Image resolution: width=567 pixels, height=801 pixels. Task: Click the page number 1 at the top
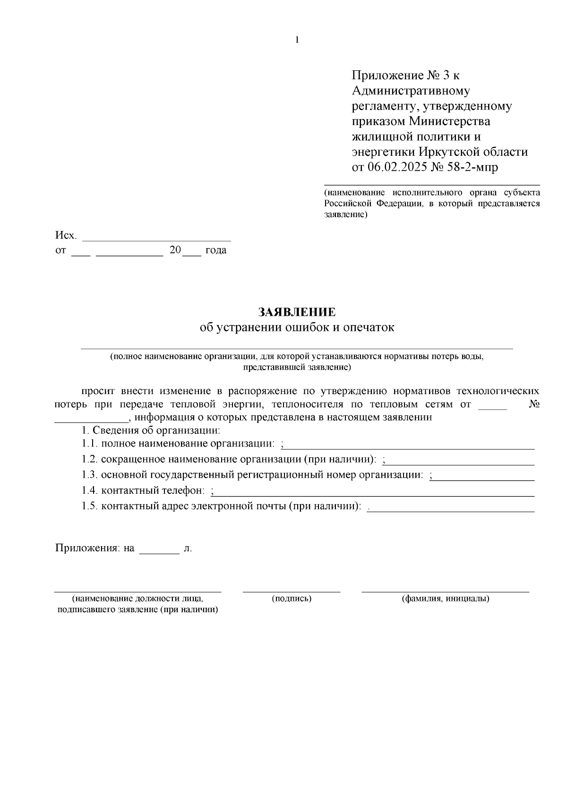297,40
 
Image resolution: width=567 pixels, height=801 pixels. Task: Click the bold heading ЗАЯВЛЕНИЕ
297,312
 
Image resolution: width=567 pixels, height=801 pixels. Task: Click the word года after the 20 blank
215,251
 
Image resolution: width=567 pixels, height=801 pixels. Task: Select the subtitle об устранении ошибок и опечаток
297,327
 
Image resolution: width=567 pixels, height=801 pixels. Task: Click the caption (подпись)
292,599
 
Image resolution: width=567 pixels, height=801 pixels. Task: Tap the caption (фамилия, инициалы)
445,599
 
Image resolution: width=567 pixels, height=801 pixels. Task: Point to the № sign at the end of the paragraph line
534,405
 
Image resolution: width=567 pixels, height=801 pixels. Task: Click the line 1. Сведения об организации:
151,430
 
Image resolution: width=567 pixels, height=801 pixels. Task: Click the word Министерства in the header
449,121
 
